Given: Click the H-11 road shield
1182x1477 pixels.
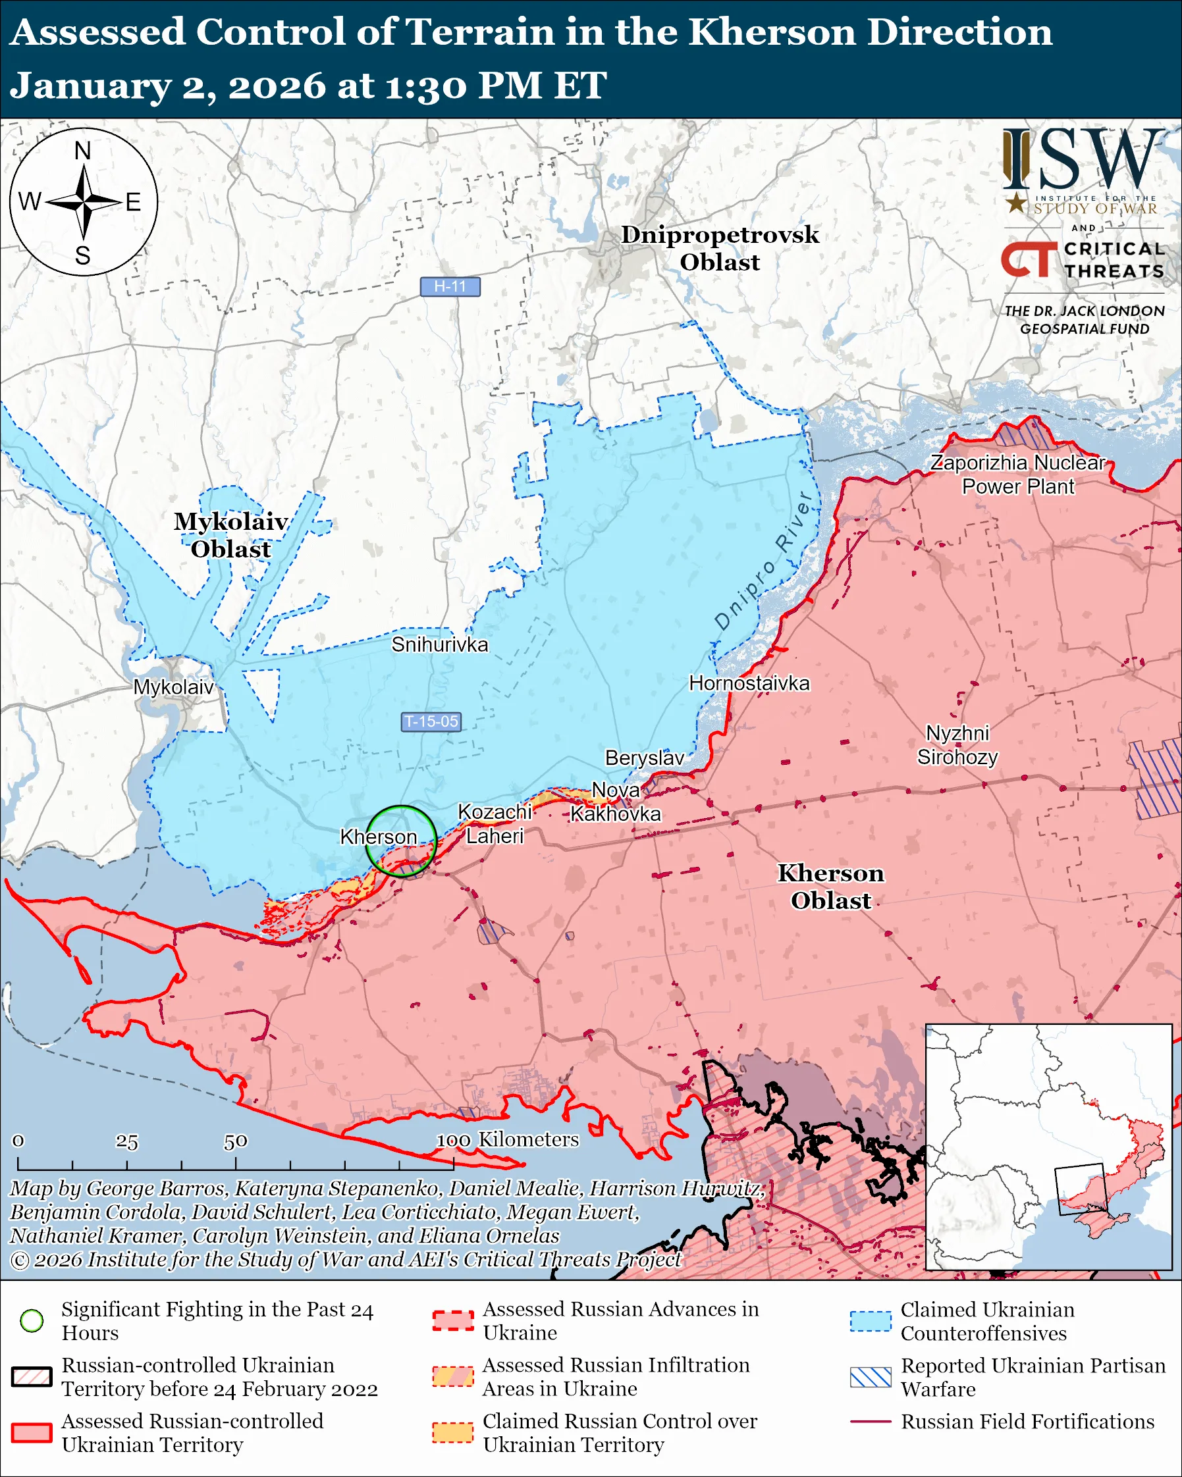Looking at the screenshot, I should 450,286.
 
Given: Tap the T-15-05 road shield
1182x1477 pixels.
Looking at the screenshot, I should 430,721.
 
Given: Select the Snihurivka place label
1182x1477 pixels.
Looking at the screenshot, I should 439,644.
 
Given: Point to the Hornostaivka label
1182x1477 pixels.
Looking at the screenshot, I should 749,683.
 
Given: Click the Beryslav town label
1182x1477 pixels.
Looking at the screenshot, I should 644,758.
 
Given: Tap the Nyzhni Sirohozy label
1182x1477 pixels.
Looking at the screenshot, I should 957,745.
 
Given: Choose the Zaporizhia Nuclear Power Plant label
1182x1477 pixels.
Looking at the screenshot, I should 1017,475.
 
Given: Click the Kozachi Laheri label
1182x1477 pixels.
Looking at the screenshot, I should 495,824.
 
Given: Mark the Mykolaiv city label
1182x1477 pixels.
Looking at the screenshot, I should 173,687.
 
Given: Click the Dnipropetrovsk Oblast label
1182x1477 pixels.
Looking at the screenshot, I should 720,248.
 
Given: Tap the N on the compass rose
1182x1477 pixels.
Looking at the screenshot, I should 83,151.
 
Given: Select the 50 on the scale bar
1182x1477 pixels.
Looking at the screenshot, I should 235,1141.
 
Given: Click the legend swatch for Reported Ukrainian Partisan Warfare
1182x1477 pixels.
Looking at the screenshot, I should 871,1377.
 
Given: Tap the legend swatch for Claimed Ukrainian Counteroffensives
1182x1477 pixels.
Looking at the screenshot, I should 871,1321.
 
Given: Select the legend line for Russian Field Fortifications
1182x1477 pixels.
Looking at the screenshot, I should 871,1422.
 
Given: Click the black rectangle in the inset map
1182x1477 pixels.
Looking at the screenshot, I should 1081,1189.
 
